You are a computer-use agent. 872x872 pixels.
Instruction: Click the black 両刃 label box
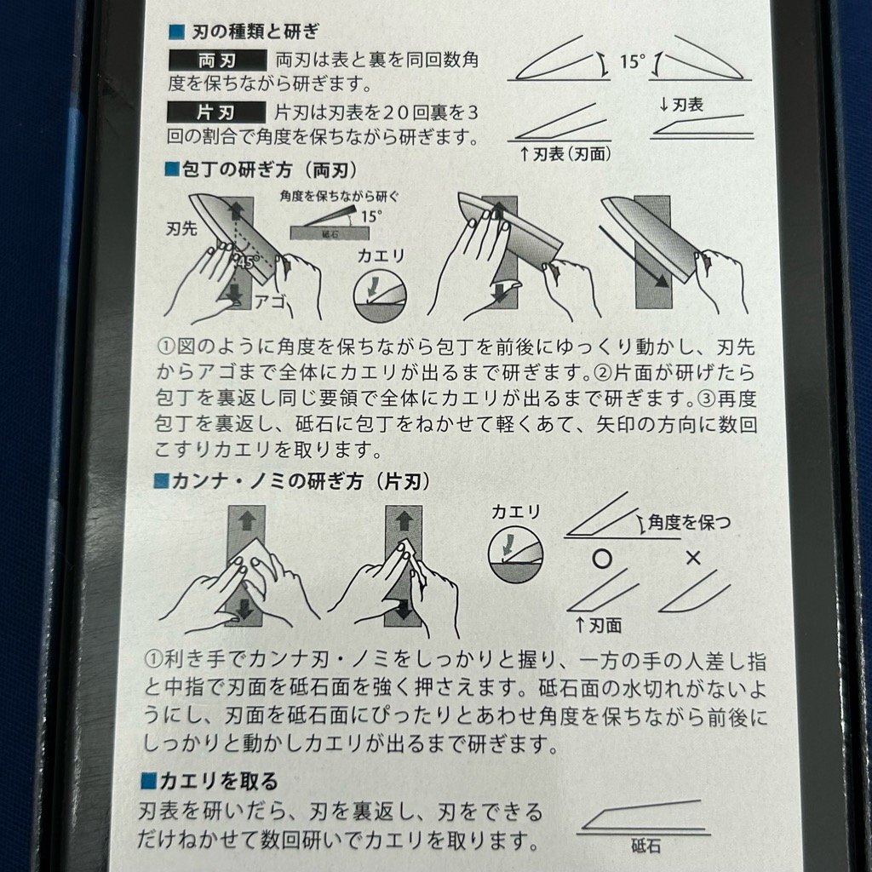217,60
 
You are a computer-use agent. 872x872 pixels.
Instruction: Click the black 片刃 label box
216,113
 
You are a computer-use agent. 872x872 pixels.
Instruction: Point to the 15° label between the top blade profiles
633,61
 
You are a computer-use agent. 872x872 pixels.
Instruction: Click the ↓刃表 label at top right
681,105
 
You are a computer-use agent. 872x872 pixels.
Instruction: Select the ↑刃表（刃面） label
565,154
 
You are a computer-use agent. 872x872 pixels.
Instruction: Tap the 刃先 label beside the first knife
181,228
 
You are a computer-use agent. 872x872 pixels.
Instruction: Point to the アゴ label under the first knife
270,301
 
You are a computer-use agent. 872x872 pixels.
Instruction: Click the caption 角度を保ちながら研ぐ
339,197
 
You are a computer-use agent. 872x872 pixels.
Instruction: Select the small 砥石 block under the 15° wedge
330,233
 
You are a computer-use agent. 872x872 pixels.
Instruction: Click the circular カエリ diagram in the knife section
381,295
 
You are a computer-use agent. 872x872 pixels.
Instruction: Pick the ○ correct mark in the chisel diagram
602,559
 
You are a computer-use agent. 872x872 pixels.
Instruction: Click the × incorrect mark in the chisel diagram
693,558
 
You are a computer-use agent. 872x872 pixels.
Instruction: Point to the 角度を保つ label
689,523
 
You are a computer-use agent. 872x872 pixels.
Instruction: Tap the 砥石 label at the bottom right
645,846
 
